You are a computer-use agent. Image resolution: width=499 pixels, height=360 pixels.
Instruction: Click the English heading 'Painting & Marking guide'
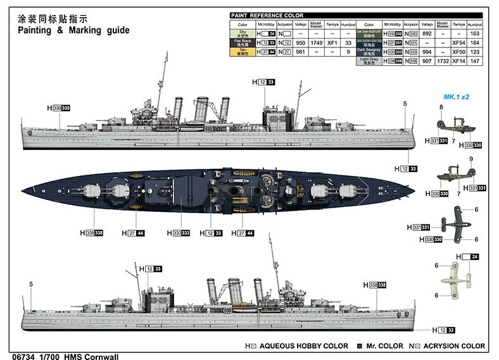click(x=73, y=30)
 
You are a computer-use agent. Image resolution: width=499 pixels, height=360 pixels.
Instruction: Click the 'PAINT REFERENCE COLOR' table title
click(x=267, y=15)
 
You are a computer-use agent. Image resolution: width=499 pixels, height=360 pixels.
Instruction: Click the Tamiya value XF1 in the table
click(x=331, y=42)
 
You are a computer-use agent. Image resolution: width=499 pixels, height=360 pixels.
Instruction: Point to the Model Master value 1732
click(x=443, y=61)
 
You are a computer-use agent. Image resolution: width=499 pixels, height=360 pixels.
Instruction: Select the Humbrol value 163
click(x=474, y=34)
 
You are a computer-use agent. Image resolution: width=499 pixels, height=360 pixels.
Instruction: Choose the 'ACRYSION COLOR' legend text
click(x=455, y=346)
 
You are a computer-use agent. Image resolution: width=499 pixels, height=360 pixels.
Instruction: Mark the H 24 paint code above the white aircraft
click(x=469, y=257)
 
